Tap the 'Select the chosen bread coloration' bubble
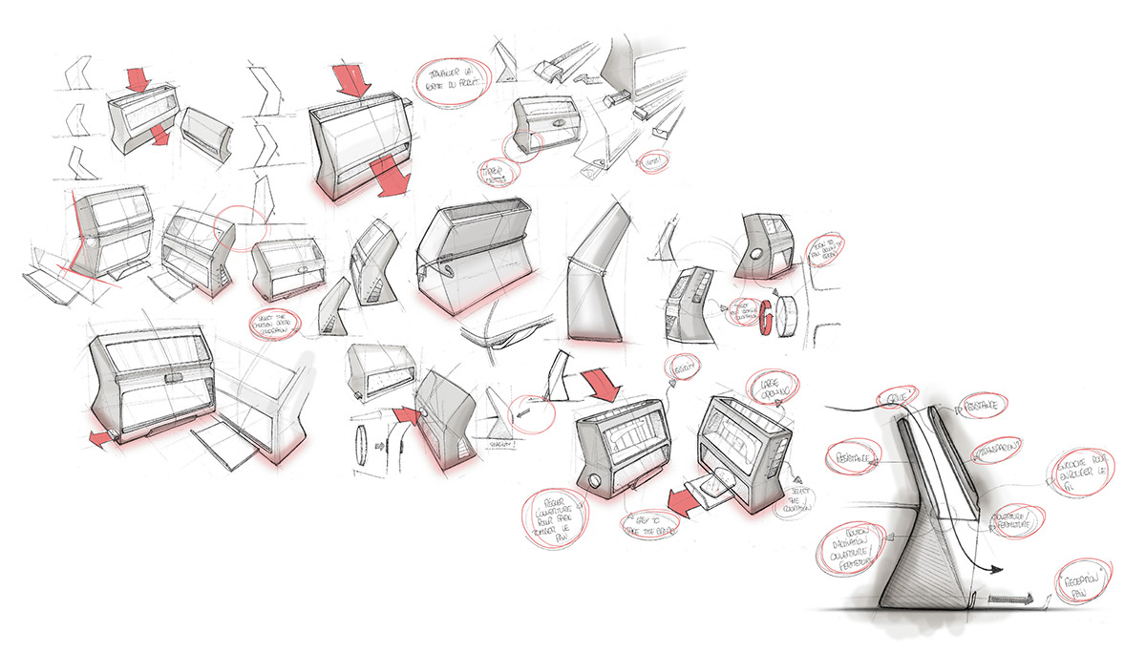[273, 322]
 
